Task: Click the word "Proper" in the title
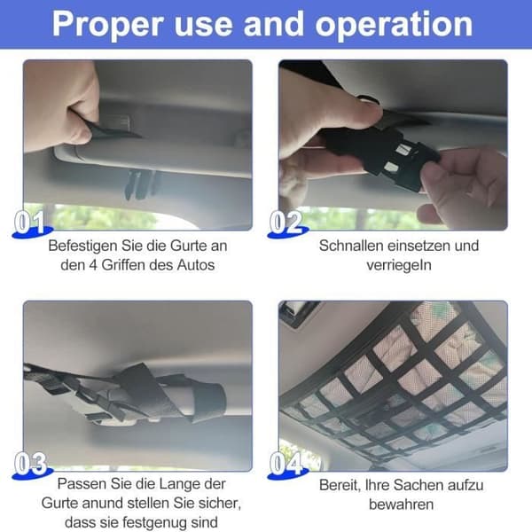click(107, 25)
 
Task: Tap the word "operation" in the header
click(394, 25)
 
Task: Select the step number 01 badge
click(32, 224)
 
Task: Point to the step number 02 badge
click(287, 224)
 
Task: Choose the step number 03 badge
click(32, 465)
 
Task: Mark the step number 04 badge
click(287, 465)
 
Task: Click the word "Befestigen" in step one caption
click(82, 246)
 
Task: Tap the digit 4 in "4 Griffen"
click(93, 265)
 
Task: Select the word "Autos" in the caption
click(195, 265)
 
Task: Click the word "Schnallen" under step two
click(351, 246)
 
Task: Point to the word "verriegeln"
click(399, 265)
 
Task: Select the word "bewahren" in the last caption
click(401, 505)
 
